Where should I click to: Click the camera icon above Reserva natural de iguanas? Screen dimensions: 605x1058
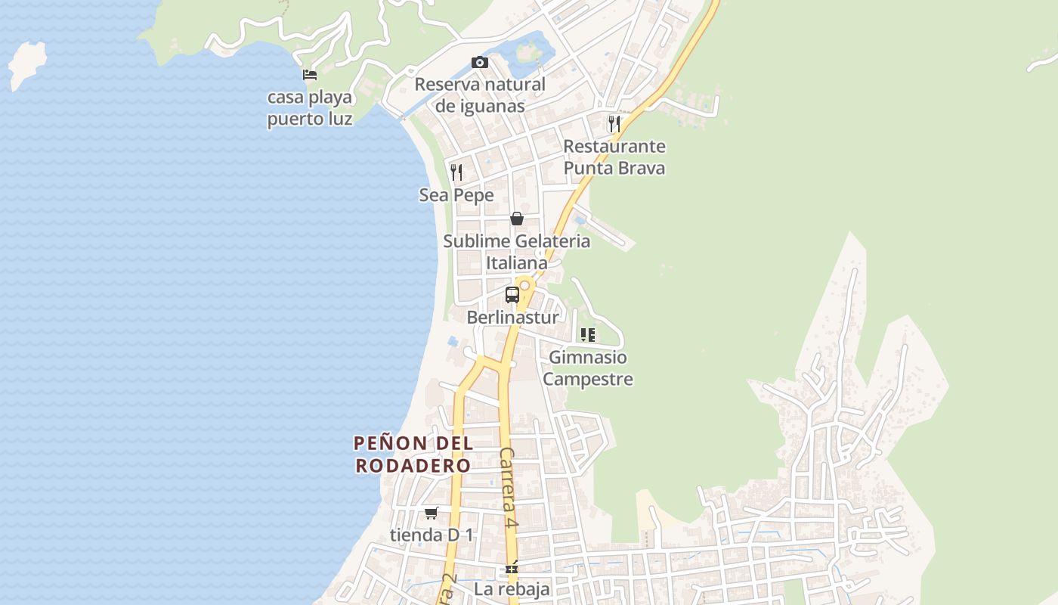480,62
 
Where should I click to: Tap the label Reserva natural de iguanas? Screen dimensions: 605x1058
480,95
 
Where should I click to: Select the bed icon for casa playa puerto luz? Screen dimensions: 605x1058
310,74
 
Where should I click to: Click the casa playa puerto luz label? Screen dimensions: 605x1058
310,108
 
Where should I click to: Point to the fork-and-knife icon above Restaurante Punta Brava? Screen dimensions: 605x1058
614,123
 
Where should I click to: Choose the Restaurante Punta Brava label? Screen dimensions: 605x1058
614,157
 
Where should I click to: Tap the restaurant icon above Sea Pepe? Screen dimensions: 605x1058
456,172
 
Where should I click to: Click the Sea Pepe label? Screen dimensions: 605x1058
456,195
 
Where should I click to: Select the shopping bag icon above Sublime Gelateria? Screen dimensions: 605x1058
517,219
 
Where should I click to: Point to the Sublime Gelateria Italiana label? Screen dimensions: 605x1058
517,252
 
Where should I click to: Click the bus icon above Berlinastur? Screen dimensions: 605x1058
512,295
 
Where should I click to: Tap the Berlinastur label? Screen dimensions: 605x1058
512,317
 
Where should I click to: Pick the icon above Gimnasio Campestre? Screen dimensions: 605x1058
588,334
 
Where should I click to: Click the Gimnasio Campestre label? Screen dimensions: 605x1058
588,368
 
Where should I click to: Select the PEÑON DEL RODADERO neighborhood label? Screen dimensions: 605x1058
413,454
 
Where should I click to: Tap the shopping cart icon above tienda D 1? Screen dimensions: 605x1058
432,513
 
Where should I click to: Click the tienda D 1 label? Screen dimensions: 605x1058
432,535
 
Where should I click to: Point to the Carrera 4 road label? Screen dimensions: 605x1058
509,488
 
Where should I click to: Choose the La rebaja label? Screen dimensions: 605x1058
512,588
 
